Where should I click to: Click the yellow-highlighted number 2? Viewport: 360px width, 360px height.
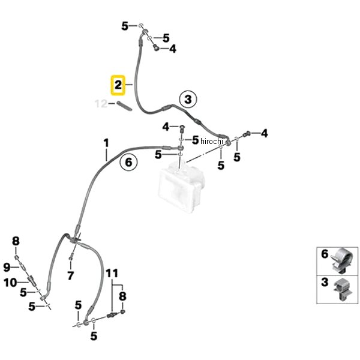(118, 85)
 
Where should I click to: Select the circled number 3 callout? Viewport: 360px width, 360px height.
(188, 100)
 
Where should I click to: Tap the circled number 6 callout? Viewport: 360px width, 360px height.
(128, 163)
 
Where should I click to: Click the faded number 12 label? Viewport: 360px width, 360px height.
(101, 104)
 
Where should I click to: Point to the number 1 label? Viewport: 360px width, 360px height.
(106, 143)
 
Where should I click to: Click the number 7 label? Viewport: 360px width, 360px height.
(70, 275)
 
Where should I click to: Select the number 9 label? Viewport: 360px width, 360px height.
(7, 268)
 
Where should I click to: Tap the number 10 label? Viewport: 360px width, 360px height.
(10, 283)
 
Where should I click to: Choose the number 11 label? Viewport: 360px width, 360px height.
(112, 274)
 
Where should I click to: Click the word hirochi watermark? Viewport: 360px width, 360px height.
(212, 141)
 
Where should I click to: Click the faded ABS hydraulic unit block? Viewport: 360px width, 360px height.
(181, 187)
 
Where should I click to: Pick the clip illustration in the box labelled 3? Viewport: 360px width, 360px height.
(343, 289)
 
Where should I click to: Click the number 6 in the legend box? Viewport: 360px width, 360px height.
(325, 254)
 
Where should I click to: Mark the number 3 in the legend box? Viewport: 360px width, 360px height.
(325, 283)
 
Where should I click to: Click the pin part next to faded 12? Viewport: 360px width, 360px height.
(124, 106)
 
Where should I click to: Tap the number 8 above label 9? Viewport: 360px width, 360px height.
(16, 241)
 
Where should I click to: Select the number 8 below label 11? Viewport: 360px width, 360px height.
(122, 296)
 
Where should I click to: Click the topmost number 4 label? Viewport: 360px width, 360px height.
(173, 49)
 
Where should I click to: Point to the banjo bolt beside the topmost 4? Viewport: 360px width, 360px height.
(157, 47)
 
